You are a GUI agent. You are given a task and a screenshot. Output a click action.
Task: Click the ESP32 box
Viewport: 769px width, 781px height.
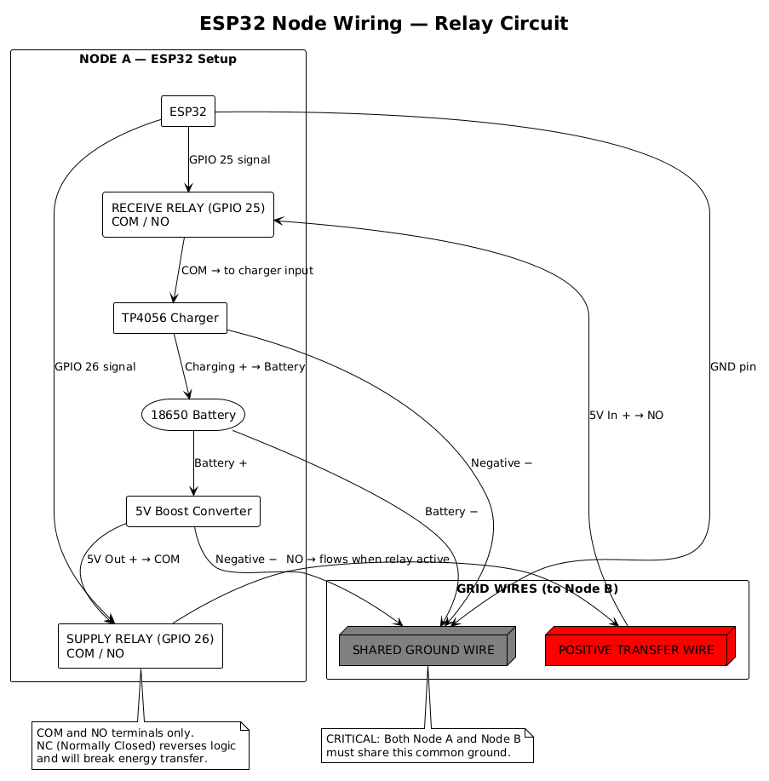click(187, 111)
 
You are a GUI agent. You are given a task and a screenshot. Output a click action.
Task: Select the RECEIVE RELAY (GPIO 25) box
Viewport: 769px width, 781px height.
click(187, 215)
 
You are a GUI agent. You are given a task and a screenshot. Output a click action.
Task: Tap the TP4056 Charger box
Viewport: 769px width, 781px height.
click(169, 318)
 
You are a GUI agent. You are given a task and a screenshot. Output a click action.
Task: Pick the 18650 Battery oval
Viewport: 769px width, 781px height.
click(193, 415)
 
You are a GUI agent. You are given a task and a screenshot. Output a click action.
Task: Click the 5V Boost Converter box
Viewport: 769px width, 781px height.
click(192, 511)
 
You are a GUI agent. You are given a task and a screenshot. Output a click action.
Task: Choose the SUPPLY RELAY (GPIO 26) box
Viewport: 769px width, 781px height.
click(140, 646)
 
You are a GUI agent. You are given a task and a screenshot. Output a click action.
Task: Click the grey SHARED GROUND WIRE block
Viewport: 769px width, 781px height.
click(424, 650)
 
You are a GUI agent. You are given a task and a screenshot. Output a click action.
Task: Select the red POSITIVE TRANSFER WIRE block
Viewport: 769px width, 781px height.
click(636, 650)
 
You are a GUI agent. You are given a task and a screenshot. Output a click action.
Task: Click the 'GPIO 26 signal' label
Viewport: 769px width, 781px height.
click(95, 366)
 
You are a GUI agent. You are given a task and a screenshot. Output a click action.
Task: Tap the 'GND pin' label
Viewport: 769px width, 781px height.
click(732, 366)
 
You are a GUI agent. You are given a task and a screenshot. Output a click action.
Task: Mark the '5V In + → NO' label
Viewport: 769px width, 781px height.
click(626, 415)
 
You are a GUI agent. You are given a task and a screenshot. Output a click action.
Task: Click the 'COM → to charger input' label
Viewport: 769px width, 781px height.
click(247, 270)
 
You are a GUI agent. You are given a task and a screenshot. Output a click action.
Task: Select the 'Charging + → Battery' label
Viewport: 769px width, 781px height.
click(244, 366)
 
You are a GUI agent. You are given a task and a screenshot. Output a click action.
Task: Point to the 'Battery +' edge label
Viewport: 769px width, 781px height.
click(221, 463)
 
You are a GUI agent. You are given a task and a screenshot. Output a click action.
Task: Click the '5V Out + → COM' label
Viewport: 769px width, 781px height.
click(133, 559)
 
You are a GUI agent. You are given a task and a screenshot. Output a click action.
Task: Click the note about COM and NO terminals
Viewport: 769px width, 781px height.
click(140, 745)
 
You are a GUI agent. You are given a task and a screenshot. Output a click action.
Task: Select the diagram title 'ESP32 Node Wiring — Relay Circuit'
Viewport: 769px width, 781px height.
click(383, 23)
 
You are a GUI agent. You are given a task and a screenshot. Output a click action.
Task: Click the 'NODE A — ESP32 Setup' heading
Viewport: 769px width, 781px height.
click(158, 59)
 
